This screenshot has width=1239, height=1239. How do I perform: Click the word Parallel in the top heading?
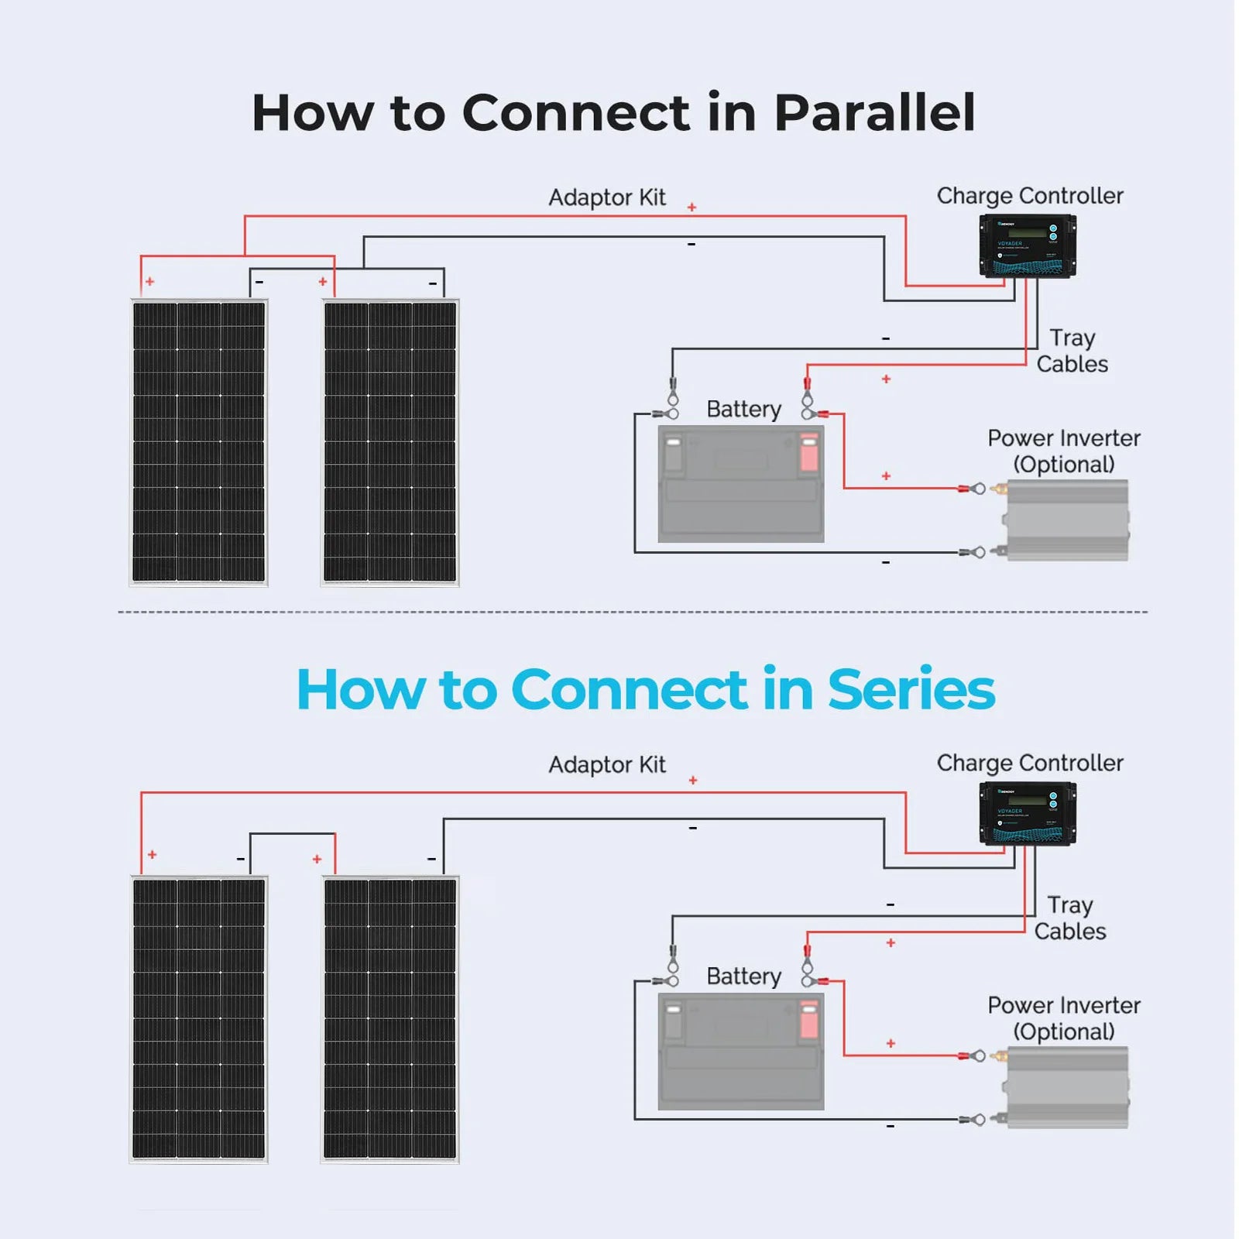(x=874, y=113)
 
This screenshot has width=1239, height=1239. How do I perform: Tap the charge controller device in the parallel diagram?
(x=1027, y=246)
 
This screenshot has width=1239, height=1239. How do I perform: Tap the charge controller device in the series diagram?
(x=1027, y=813)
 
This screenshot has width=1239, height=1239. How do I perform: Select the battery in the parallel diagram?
(x=740, y=484)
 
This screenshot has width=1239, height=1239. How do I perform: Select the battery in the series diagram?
(x=740, y=1052)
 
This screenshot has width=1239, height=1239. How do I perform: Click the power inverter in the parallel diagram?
(x=1067, y=520)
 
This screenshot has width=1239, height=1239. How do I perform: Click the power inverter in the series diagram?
(x=1067, y=1086)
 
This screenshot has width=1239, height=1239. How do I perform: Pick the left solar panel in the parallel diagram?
(x=198, y=442)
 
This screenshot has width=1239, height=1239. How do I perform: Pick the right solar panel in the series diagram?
(x=390, y=1019)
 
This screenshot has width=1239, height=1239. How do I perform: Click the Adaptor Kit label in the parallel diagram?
(x=606, y=197)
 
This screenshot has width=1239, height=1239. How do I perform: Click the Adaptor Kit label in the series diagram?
(x=606, y=765)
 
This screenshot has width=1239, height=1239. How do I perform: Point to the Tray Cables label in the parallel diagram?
(x=1072, y=351)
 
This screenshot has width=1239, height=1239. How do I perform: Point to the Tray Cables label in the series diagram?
(x=1069, y=918)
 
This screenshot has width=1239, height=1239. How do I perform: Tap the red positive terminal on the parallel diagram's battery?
(x=808, y=453)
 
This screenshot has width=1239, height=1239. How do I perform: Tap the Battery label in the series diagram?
(x=743, y=976)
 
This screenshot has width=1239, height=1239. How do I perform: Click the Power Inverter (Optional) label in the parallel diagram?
(x=1063, y=451)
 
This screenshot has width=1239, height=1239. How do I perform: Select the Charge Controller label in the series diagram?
(x=1029, y=764)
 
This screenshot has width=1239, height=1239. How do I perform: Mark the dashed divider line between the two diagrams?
(x=632, y=612)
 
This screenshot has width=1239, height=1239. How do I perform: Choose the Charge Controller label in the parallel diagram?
(x=1029, y=196)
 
